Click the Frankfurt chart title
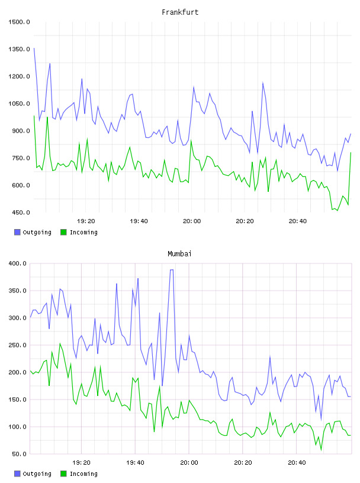pos(180,12)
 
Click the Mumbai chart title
pos(179,254)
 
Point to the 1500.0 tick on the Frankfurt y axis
pos(19,22)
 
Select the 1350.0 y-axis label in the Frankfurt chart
pos(19,49)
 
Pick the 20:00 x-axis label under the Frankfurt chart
pos(192,221)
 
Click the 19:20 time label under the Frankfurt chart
pos(86,221)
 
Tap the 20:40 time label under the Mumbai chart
pos(297,463)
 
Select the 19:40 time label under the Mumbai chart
pos(135,463)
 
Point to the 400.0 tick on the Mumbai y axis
pos(18,263)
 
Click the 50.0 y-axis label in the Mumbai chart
pos(19,454)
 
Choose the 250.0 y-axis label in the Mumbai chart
pos(18,345)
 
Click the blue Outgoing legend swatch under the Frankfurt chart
pos(17,232)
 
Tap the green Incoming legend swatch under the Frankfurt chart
pos(63,232)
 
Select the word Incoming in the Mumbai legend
pos(83,474)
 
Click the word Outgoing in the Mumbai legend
pos(37,474)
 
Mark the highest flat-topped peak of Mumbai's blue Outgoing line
pos(172,270)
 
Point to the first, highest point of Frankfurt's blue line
pos(34,48)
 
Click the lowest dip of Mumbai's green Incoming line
pos(321,450)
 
